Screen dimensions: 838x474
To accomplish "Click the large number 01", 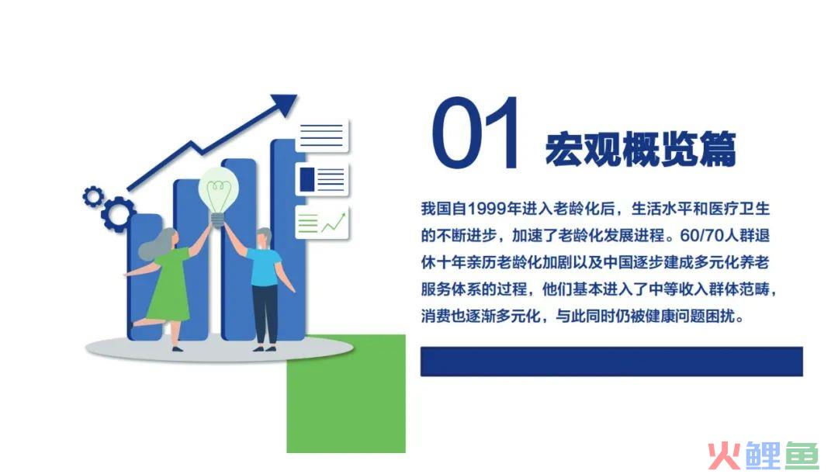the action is [x=476, y=132].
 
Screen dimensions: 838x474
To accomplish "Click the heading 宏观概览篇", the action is [x=640, y=148].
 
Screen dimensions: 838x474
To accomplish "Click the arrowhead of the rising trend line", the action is [x=284, y=104].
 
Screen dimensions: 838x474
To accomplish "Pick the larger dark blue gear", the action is [x=118, y=214].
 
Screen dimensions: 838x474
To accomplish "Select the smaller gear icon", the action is [x=93, y=196].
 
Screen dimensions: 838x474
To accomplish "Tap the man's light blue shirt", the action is [x=264, y=267].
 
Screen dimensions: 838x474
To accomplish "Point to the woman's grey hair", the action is [x=158, y=244].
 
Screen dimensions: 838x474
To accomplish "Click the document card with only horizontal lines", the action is [x=322, y=136].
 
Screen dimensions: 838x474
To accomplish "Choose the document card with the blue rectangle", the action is [x=322, y=179].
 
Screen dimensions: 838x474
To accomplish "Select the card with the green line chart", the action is [x=322, y=222].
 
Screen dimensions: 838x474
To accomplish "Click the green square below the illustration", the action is [x=346, y=394].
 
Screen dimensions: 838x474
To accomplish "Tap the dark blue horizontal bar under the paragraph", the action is [x=611, y=362].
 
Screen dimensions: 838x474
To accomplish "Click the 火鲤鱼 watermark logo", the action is [x=764, y=456].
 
